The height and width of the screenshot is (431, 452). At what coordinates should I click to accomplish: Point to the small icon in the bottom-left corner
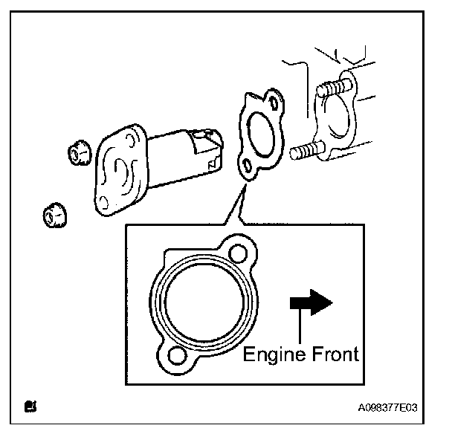pos(30,406)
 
